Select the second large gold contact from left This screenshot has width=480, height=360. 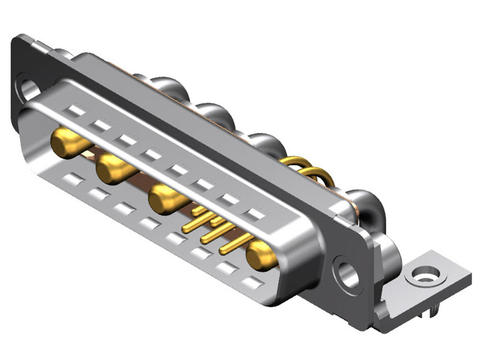pyautogui.click(x=115, y=170)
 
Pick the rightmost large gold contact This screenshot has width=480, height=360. pyautogui.click(x=260, y=256)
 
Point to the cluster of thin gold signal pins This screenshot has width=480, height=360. pyautogui.click(x=213, y=229)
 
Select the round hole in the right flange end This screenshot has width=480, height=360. pyautogui.click(x=349, y=271)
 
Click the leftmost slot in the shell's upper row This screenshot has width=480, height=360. pyautogui.click(x=76, y=110)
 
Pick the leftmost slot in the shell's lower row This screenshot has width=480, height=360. pyautogui.click(x=70, y=181)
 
